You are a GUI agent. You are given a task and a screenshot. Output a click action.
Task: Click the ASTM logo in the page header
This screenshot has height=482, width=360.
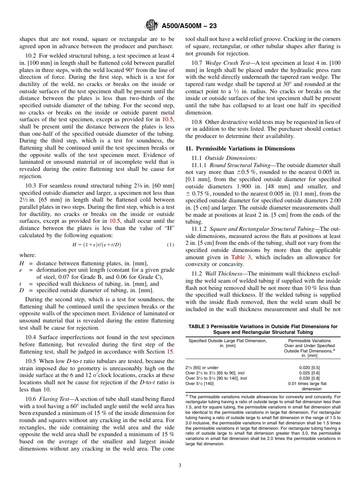tap(152, 25)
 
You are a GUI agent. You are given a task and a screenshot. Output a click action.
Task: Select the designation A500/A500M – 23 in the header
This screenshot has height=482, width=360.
tap(189, 26)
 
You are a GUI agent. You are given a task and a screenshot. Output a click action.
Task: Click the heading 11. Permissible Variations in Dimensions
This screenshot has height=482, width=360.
tap(240, 148)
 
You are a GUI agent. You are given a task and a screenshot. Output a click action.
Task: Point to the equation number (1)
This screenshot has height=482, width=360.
tap(171, 245)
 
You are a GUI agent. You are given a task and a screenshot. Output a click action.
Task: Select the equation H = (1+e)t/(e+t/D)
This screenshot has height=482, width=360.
tap(97, 245)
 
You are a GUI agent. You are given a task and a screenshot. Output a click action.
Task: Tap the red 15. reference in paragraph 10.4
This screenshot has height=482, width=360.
tap(171, 352)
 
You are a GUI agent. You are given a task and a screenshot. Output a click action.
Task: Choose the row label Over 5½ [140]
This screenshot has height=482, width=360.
tap(199, 383)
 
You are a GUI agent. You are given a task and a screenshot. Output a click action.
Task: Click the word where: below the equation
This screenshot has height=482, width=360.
tap(28, 255)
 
